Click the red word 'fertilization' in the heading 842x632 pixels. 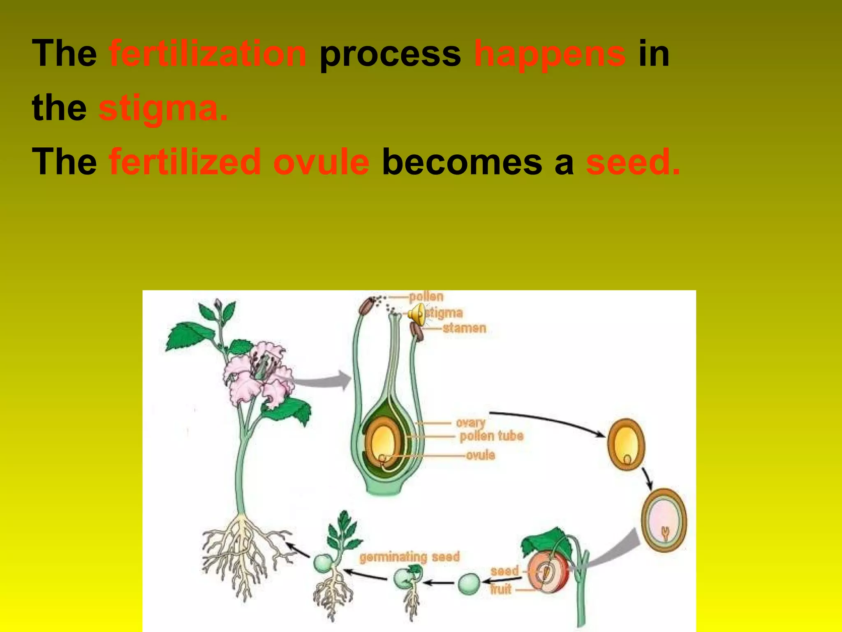[208, 53]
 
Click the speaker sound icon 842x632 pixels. [417, 314]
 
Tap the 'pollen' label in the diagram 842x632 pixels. [426, 297]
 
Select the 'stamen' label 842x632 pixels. [464, 328]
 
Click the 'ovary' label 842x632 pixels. [470, 423]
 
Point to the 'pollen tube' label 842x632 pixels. [491, 436]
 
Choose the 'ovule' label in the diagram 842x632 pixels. [480, 455]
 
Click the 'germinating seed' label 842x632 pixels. [409, 557]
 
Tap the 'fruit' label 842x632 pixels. [500, 589]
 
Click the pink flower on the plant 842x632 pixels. [259, 372]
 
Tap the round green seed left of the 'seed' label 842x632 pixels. [469, 583]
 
